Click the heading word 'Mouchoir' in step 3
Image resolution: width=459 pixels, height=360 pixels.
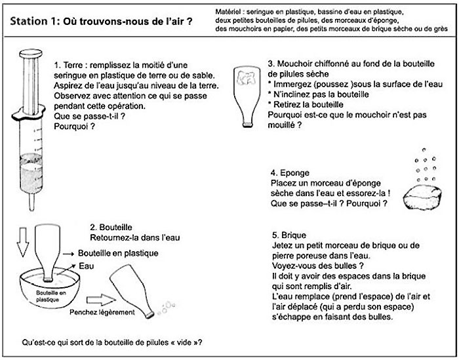click(x=294, y=64)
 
